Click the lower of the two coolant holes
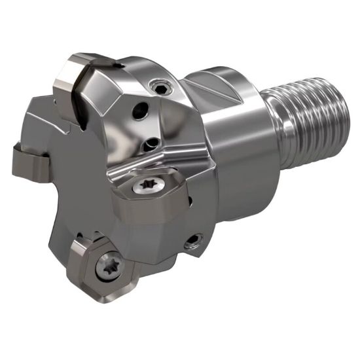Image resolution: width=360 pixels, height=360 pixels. tap(152, 141)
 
